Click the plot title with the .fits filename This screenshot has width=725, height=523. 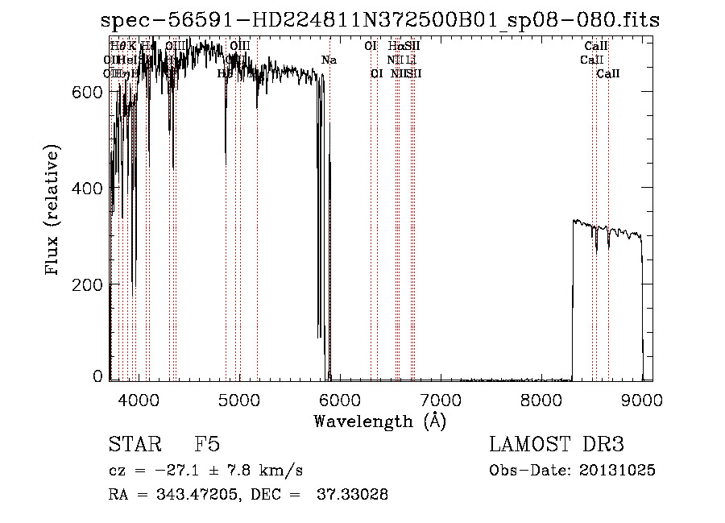click(379, 21)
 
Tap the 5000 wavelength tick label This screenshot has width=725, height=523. click(239, 398)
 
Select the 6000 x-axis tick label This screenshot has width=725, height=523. click(340, 398)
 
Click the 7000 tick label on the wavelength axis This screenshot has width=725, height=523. click(441, 398)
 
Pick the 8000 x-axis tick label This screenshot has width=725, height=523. click(541, 398)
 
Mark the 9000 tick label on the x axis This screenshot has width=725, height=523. click(642, 398)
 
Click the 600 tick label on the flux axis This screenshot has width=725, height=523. click(86, 92)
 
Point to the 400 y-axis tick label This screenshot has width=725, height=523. click(86, 188)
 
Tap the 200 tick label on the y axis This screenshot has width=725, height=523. click(86, 284)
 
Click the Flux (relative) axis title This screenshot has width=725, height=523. click(53, 211)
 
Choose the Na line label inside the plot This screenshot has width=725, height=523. click(329, 60)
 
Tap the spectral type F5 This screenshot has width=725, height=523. click(208, 446)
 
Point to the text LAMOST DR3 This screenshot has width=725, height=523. click(557, 446)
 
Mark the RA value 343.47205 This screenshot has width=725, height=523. click(197, 494)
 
